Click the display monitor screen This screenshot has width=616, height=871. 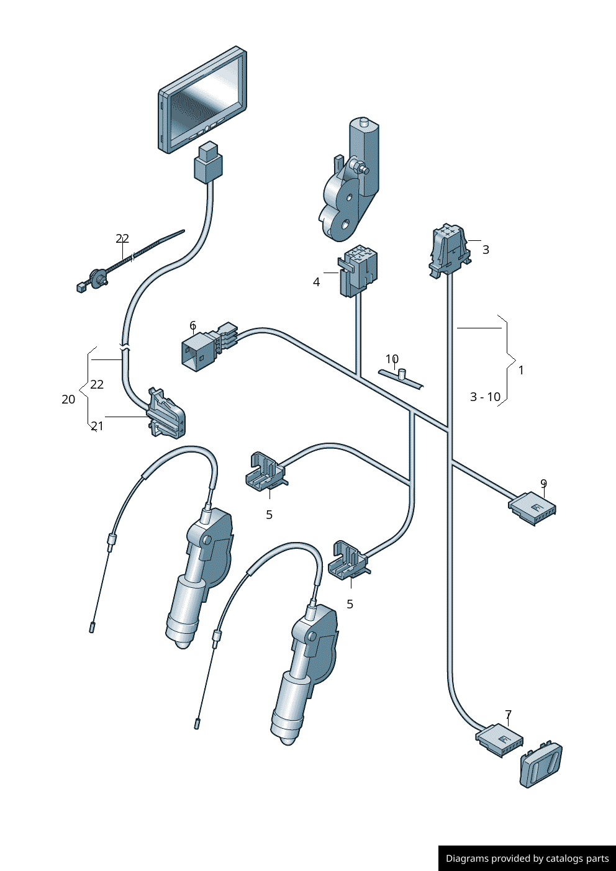click(203, 100)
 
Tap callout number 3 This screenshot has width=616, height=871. click(486, 250)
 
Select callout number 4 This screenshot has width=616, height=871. click(316, 282)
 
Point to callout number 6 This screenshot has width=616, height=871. click(193, 325)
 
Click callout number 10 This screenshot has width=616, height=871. click(392, 359)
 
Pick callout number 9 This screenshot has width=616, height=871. click(544, 484)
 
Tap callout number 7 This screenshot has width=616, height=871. click(509, 715)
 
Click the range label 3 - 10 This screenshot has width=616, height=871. click(485, 397)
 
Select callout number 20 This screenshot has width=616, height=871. click(68, 399)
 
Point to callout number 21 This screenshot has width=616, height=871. click(97, 426)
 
